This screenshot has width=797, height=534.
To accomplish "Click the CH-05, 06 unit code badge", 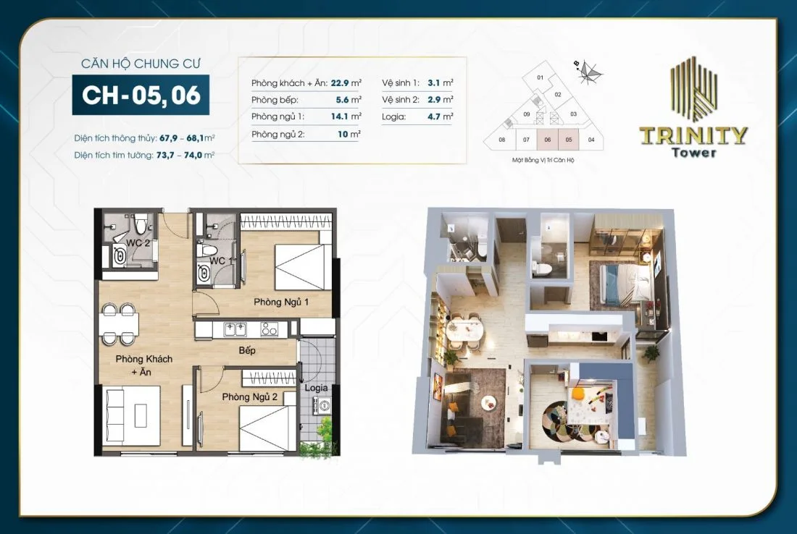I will (141, 96).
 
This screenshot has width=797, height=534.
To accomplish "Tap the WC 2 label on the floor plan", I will (138, 243).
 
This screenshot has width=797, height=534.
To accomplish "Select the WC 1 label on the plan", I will (221, 260).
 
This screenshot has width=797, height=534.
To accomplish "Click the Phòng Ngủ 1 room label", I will (281, 302).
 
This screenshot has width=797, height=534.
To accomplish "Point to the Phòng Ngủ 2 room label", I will (250, 397).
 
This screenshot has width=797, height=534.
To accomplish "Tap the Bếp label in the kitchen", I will (248, 350).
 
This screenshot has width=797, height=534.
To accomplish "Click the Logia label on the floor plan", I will (316, 388).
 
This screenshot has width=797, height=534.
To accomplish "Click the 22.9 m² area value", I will (349, 82).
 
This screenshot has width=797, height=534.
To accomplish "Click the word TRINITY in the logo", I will (693, 135).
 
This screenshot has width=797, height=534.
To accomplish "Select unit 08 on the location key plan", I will (501, 140).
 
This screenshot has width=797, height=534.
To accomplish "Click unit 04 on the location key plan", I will (591, 140).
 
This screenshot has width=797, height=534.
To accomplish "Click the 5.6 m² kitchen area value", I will (349, 99).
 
